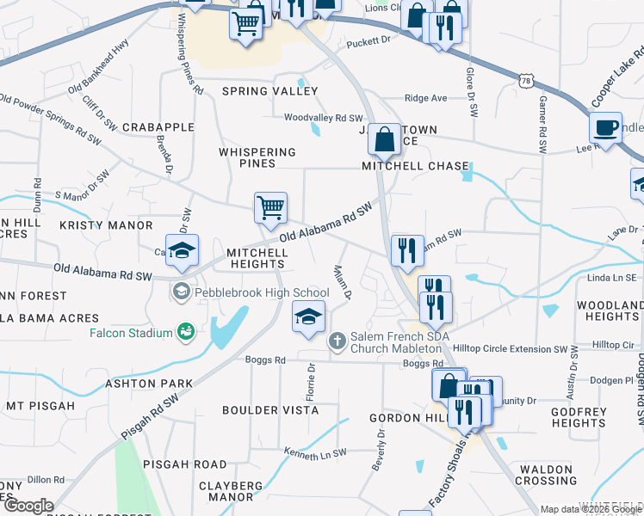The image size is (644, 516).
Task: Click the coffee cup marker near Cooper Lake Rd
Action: click(606, 127)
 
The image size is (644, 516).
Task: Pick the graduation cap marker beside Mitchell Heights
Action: click(183, 250)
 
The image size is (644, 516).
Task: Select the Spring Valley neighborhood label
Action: click(269, 91)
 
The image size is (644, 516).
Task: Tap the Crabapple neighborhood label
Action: click(158, 127)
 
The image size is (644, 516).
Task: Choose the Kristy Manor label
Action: click(106, 225)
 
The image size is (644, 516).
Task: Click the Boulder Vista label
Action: click(270, 410)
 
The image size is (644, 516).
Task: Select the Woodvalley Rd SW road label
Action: click(324, 118)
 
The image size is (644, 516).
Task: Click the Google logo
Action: click(28, 507)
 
